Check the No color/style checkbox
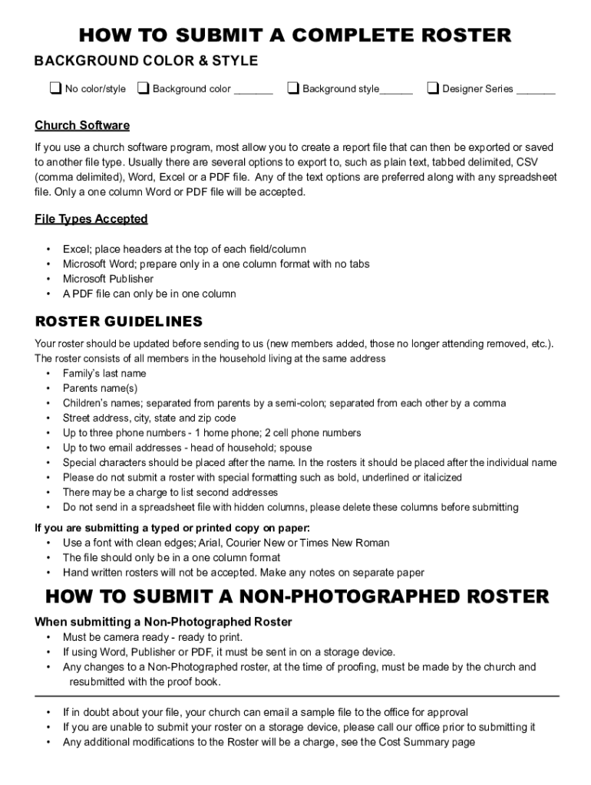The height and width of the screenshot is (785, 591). tap(55, 89)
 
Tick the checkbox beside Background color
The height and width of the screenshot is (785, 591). tap(144, 89)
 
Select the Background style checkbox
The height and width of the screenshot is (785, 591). tap(293, 89)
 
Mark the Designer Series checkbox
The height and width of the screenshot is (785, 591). tap(433, 89)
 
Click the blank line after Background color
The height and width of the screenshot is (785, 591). tap(253, 90)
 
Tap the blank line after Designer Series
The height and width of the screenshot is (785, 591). tap(536, 90)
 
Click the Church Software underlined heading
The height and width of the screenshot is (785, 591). tap(82, 126)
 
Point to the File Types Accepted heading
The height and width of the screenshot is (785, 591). tap(91, 219)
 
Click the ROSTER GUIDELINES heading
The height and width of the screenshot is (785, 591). tap(119, 321)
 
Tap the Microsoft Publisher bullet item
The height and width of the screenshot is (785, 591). tap(108, 279)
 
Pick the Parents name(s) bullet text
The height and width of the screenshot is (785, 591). tap(101, 389)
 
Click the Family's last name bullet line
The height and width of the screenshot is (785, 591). tap(104, 373)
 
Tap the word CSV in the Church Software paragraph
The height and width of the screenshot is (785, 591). tap(527, 162)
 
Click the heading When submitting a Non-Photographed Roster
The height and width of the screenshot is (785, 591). tap(163, 622)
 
